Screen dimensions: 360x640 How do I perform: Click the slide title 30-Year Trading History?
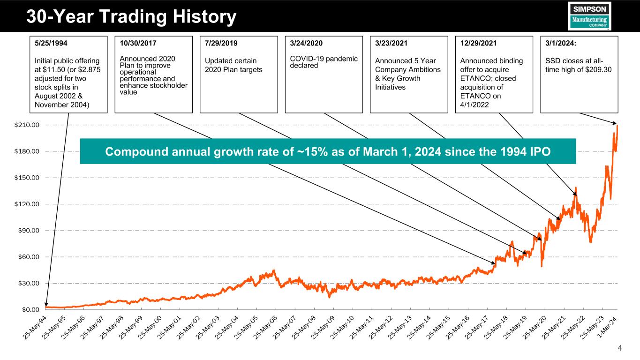131,17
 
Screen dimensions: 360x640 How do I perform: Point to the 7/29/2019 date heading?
221,44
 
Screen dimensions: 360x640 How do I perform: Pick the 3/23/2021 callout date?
392,44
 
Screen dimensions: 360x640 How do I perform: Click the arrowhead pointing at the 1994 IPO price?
46,306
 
